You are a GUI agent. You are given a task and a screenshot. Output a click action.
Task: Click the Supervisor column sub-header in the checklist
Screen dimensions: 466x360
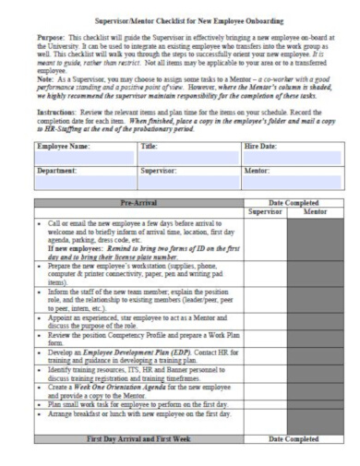(268, 238)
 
